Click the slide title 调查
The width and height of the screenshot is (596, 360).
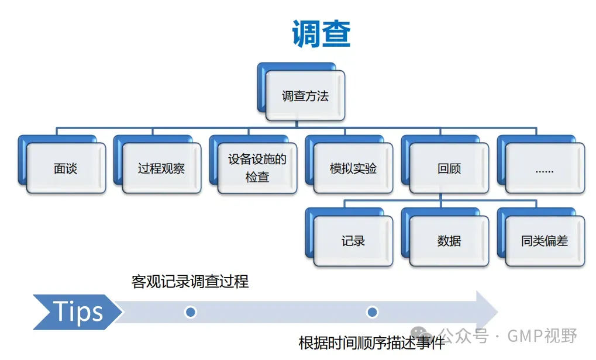click(x=321, y=34)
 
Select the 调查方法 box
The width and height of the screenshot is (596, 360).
click(x=305, y=96)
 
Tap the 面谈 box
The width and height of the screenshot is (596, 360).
click(x=66, y=169)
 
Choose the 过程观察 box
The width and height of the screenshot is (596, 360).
click(x=161, y=169)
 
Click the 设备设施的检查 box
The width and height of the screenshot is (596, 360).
click(x=257, y=168)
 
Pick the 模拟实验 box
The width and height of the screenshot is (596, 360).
click(x=353, y=169)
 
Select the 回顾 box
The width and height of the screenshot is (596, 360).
click(x=449, y=169)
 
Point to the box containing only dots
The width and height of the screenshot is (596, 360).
click(x=544, y=169)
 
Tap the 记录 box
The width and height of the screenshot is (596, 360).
click(x=353, y=241)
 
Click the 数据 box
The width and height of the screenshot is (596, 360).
click(x=449, y=241)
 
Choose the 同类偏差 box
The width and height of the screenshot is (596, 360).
click(x=544, y=241)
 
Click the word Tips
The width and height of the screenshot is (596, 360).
click(x=78, y=312)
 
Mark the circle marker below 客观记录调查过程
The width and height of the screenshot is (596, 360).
click(x=190, y=312)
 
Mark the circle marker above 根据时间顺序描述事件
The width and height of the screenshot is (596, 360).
click(x=372, y=312)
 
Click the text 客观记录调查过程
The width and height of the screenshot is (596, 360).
click(x=190, y=282)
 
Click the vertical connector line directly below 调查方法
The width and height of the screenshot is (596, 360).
click(x=297, y=123)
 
